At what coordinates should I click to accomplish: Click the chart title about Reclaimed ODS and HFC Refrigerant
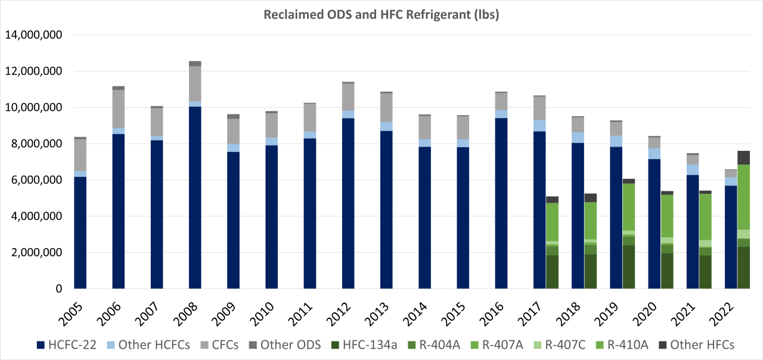(381, 15)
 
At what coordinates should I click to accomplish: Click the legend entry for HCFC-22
(72, 345)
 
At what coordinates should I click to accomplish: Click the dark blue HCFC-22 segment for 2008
(195, 197)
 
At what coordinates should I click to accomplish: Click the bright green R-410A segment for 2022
(743, 197)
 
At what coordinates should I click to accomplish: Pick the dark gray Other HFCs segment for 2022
(743, 157)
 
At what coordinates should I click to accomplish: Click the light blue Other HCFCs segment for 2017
(539, 125)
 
